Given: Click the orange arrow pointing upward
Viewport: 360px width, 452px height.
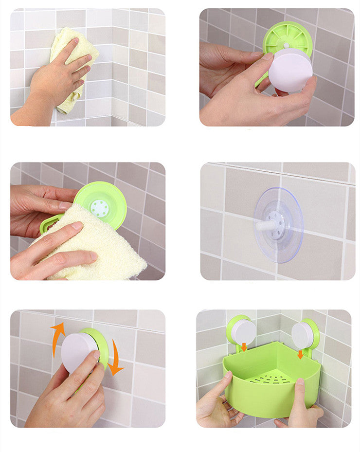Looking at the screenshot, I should [x=57, y=336].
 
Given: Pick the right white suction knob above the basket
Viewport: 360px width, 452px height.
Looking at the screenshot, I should [x=303, y=335].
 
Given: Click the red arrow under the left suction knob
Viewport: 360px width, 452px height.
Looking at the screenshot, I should [x=244, y=347].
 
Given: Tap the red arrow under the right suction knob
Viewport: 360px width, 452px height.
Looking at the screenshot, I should [x=300, y=354].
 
